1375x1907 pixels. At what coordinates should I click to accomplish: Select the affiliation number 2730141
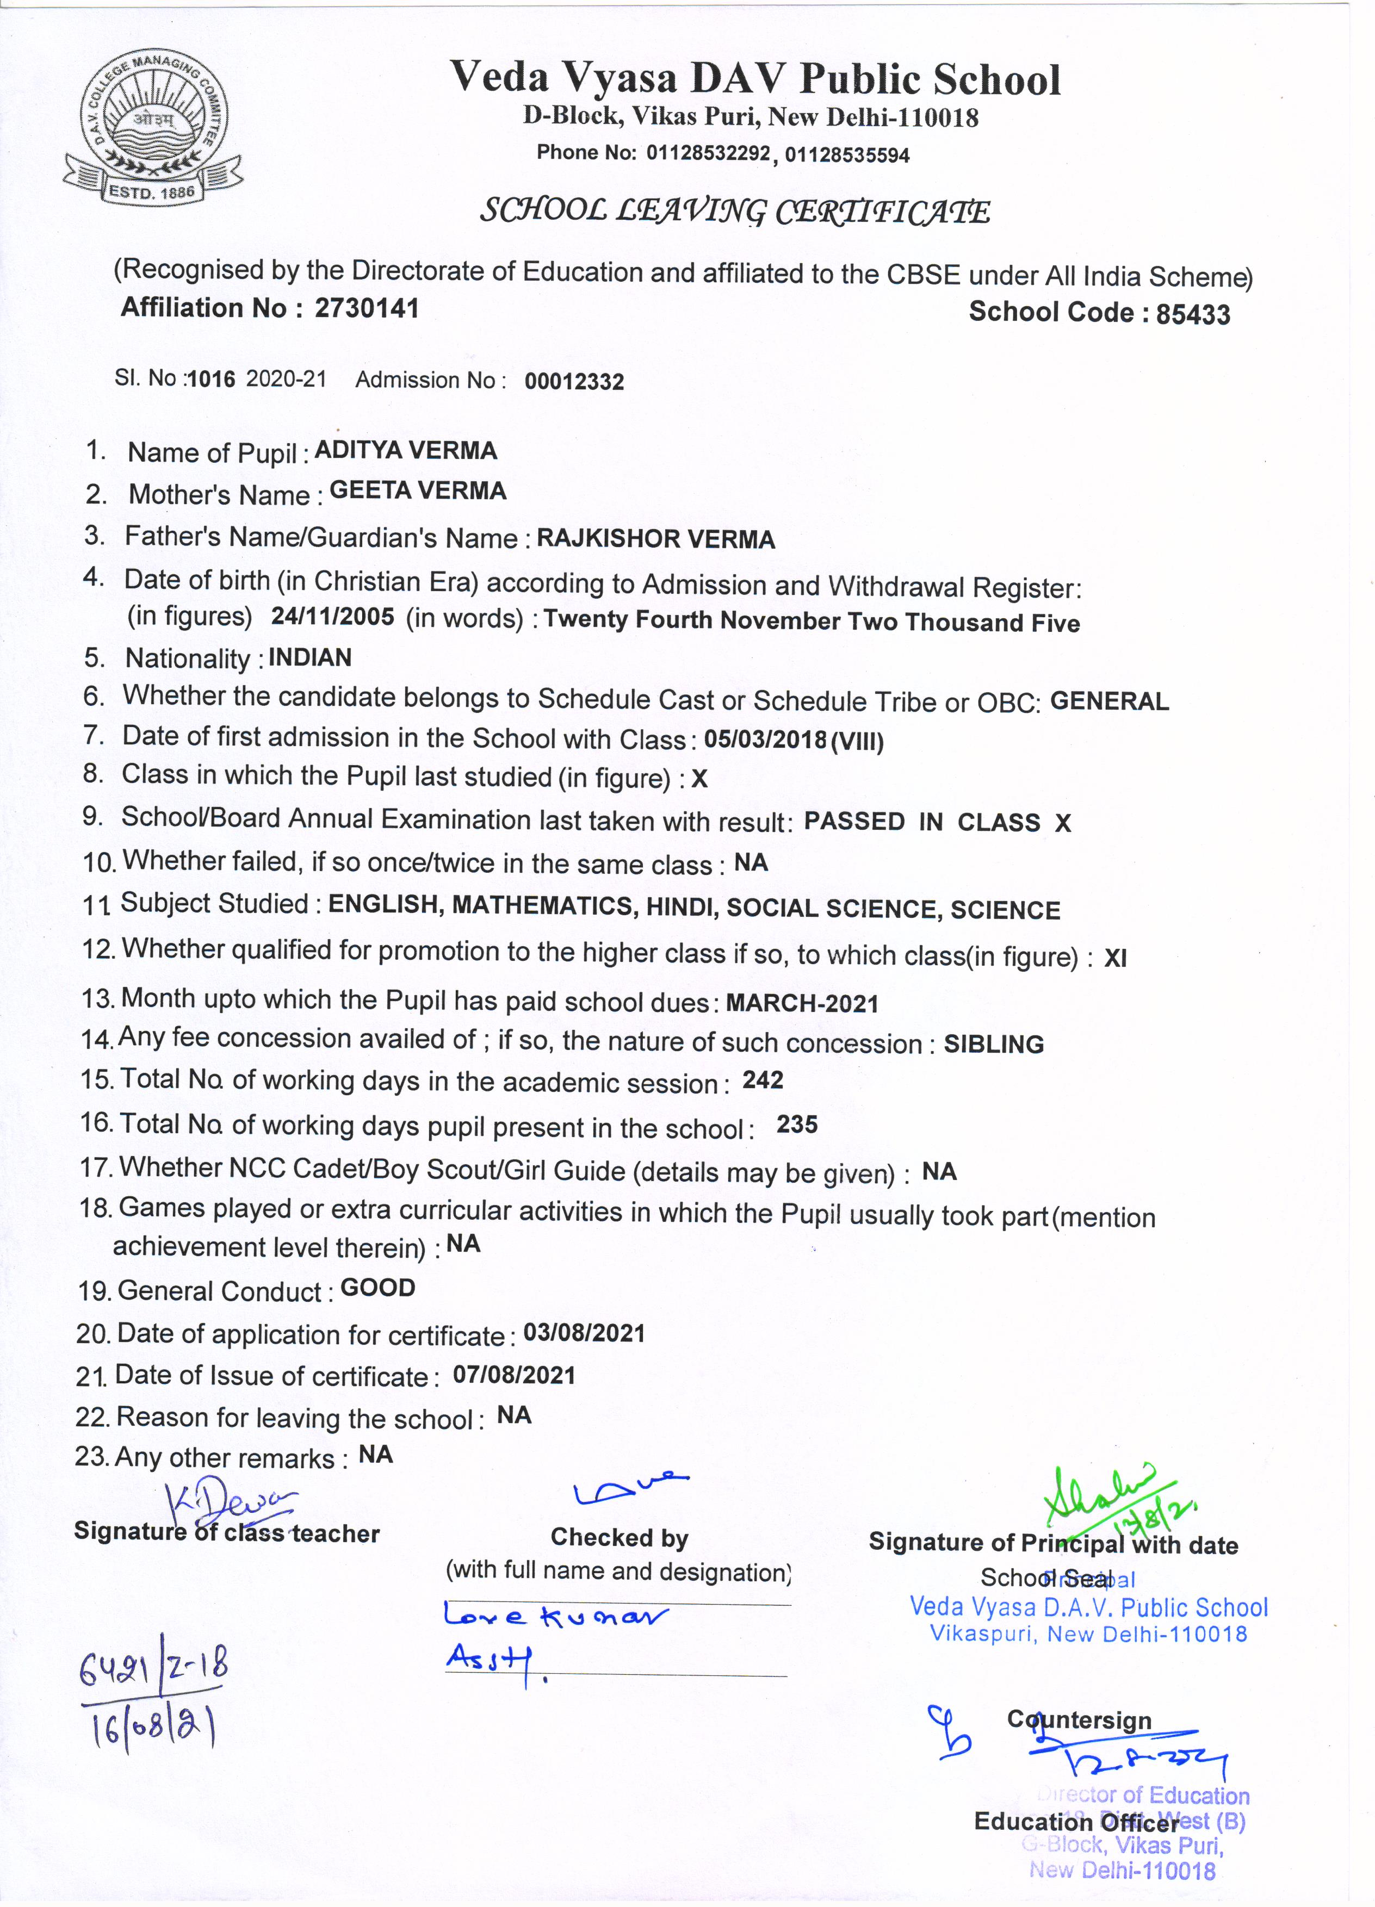coord(367,308)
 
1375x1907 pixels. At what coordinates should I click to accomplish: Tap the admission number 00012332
coord(574,382)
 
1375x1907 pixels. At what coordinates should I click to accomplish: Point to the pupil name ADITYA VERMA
coord(405,451)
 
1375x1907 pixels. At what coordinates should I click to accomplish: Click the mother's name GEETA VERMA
coord(418,491)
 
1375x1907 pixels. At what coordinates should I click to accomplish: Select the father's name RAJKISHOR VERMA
coord(656,539)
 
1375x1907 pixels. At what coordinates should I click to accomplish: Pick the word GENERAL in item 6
coord(1109,701)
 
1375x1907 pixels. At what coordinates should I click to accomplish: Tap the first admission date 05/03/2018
coord(765,739)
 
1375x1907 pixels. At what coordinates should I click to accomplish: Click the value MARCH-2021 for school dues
coord(802,1003)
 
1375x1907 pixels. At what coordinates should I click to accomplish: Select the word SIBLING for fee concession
coord(993,1044)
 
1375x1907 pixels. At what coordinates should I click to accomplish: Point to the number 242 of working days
coord(763,1079)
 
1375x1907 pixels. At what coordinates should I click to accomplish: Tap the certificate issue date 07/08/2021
coord(514,1376)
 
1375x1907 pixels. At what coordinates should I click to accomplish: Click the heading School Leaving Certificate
coord(735,211)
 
